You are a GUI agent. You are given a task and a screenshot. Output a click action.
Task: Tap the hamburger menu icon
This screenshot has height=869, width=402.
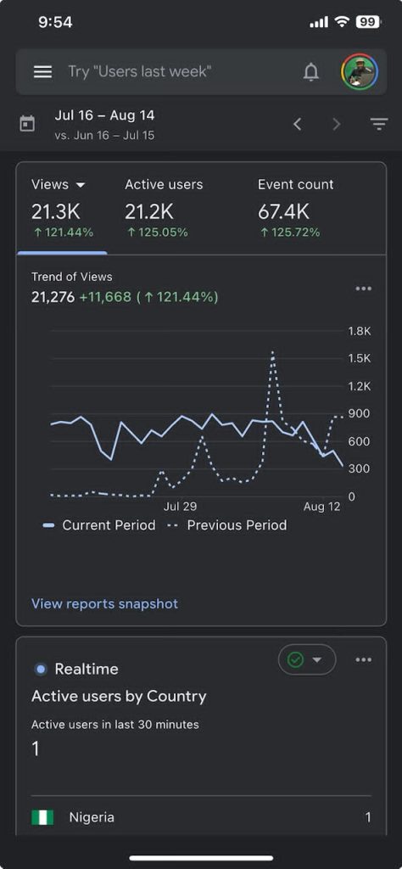tap(42, 71)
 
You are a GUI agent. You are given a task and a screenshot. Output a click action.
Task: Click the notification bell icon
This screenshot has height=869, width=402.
tap(311, 71)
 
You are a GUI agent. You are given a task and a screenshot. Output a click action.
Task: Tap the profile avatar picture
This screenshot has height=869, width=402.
tap(360, 71)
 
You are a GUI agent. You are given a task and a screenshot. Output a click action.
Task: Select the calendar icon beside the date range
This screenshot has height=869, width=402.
tap(26, 124)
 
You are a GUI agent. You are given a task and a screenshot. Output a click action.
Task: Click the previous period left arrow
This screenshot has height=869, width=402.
tap(298, 124)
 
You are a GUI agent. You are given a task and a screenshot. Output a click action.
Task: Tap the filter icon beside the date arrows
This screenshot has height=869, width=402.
tap(379, 124)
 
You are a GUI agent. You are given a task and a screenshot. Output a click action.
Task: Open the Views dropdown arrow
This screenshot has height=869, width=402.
tap(81, 184)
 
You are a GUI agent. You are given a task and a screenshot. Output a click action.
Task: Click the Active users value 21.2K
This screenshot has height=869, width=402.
tap(149, 211)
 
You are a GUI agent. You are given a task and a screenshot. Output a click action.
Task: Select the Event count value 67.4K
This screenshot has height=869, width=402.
tap(283, 211)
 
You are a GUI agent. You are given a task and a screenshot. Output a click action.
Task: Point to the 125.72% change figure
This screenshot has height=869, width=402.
tap(290, 233)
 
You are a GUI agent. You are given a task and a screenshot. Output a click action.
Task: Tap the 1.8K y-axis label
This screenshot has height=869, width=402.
tap(359, 331)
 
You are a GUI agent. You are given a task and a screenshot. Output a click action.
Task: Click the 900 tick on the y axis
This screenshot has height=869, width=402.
tap(359, 413)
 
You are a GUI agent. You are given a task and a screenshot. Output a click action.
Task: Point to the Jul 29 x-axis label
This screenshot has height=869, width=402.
tap(180, 507)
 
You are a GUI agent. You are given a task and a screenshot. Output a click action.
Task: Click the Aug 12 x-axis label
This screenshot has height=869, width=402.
tap(321, 507)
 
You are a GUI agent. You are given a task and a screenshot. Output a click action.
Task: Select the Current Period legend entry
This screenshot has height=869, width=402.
tap(100, 524)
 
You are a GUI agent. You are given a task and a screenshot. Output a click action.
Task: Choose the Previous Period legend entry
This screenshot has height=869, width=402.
tap(227, 524)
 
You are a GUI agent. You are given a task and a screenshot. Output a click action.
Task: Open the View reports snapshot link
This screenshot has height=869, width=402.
tap(104, 603)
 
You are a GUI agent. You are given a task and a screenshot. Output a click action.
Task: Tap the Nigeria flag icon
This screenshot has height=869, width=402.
tap(42, 817)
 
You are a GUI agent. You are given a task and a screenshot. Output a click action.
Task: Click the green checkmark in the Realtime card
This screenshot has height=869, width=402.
tap(296, 659)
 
